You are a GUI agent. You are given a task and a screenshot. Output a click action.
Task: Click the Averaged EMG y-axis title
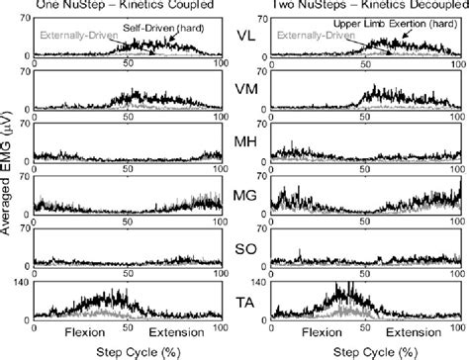tap(9, 178)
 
